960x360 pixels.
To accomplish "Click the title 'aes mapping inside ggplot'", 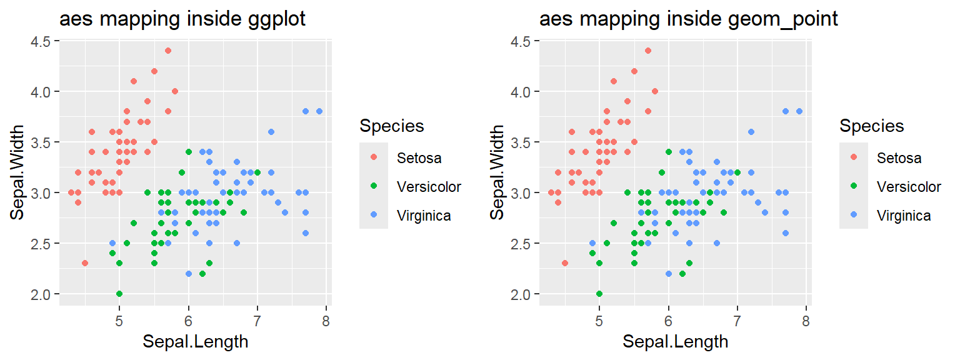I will tap(182, 19).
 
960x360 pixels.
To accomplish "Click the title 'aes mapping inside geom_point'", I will tap(688, 19).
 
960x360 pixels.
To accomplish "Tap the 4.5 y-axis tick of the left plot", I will tap(43, 41).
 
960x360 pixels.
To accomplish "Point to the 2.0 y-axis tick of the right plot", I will tap(523, 294).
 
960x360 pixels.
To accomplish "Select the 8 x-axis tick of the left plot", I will tap(326, 322).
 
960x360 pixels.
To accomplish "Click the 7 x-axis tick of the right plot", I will tap(737, 322).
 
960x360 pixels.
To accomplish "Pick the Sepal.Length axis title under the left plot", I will tap(195, 342).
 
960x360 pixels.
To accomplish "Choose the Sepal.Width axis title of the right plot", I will tap(497, 172).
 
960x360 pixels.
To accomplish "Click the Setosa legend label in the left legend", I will tap(419, 158).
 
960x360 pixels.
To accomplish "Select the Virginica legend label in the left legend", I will tap(424, 216).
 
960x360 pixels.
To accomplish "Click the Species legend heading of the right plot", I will tap(871, 126).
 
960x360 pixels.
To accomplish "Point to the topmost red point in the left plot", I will tap(167, 51).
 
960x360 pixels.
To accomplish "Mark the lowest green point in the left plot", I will tap(119, 294).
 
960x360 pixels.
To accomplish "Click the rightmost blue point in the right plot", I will tap(799, 111).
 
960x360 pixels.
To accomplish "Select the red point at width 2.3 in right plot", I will tap(565, 263).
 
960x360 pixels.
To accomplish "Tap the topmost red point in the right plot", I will tap(647, 51).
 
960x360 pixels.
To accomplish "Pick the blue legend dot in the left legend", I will tap(374, 216).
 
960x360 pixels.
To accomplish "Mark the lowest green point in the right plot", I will tap(599, 294).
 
